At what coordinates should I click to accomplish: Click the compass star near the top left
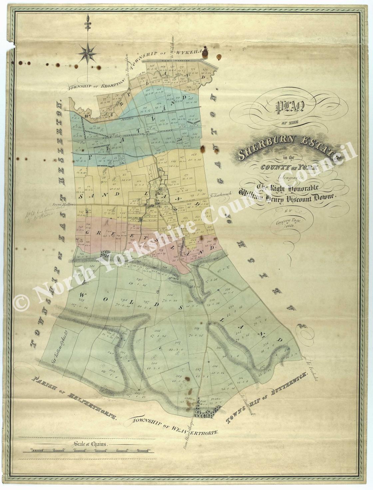point(88,53)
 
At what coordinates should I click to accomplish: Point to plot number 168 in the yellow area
point(194,155)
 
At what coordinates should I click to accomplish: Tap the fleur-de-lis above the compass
point(88,23)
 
